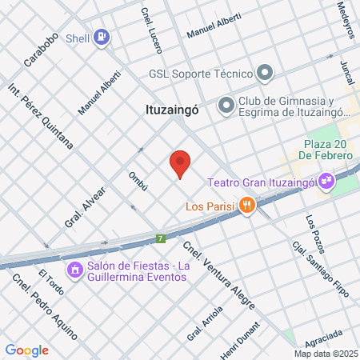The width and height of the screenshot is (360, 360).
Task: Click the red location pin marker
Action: click(x=180, y=164)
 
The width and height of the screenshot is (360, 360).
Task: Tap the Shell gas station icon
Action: click(x=101, y=36)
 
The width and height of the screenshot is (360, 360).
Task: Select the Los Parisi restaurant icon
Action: click(x=249, y=206)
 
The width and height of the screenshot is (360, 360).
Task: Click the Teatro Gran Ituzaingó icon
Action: click(x=326, y=182)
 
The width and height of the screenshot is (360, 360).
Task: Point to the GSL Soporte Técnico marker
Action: click(x=266, y=74)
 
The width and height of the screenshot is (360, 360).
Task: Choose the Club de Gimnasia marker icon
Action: click(x=226, y=105)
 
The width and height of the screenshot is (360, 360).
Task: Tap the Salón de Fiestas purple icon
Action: click(x=75, y=270)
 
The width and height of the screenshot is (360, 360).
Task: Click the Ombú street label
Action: click(x=138, y=182)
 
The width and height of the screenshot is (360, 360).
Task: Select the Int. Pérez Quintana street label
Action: click(x=40, y=117)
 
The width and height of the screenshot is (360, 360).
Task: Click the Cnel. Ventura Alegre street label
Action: click(x=218, y=275)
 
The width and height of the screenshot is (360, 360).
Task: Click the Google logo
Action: click(x=26, y=350)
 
